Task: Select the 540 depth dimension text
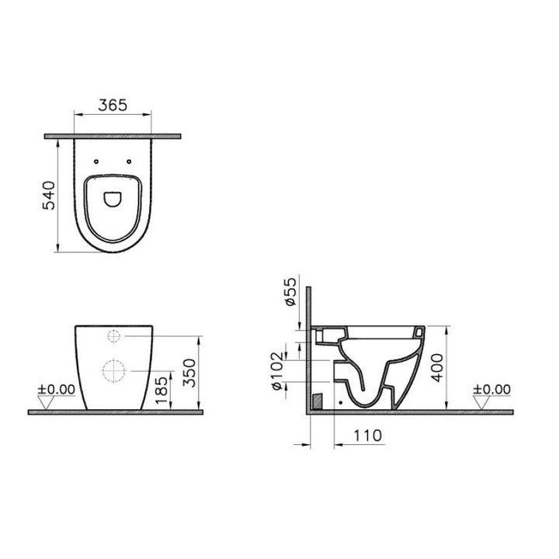click(49, 196)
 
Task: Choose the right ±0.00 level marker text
click(492, 389)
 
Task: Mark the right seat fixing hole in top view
click(127, 162)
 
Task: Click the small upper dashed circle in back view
click(113, 337)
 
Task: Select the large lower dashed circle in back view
click(113, 371)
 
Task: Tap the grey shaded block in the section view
click(317, 401)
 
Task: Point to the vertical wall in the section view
click(308, 349)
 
